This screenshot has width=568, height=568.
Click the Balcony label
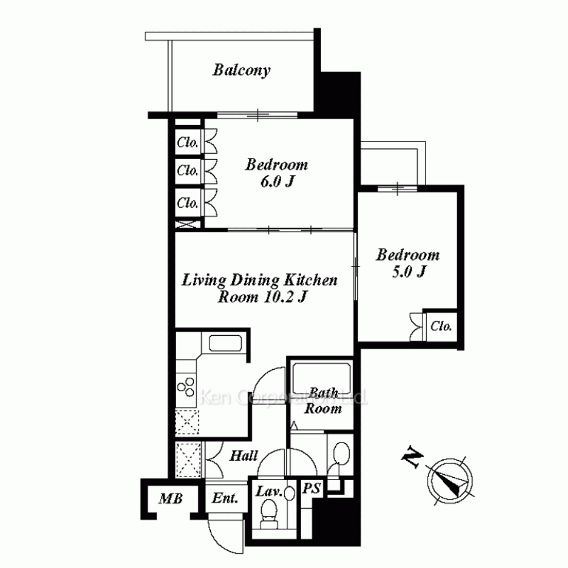[x=241, y=70]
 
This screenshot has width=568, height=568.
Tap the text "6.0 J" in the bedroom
[x=277, y=181]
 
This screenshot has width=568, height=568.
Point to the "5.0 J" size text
[x=408, y=272]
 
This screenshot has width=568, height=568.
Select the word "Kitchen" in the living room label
[x=311, y=280]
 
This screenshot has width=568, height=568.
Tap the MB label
[x=170, y=499]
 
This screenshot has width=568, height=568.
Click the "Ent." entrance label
[x=225, y=498]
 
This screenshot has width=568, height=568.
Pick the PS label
[x=311, y=488]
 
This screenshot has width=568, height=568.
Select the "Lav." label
[x=269, y=491]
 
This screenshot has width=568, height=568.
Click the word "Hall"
[x=244, y=456]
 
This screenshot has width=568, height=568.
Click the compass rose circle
[x=450, y=481]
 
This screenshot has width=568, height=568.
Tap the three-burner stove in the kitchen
[x=186, y=386]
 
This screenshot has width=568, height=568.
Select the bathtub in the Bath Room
[x=321, y=378]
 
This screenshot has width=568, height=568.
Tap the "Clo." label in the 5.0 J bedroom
[x=441, y=327]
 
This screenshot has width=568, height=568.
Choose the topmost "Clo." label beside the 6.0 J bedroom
[x=187, y=143]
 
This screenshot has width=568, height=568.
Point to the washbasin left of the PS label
[x=290, y=493]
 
